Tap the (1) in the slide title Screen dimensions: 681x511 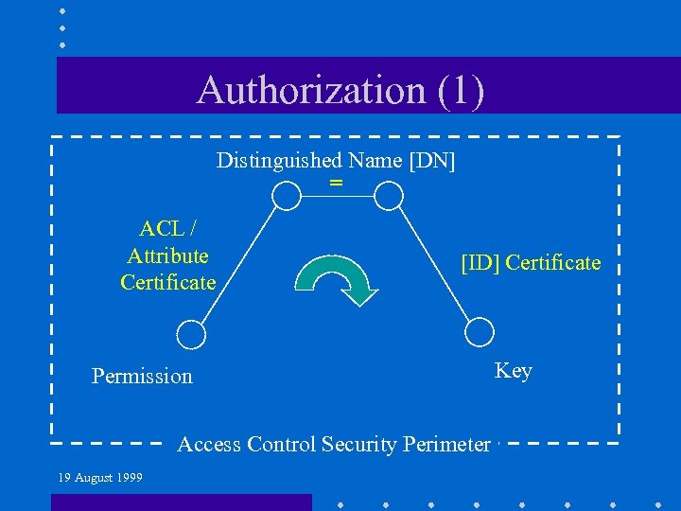[462, 90]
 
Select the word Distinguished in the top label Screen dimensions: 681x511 [277, 160]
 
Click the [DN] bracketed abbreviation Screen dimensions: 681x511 [432, 160]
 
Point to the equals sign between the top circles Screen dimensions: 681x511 [336, 182]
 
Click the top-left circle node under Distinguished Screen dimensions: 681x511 [286, 196]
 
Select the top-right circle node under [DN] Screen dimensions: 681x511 [388, 196]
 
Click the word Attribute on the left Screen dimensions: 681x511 [167, 255]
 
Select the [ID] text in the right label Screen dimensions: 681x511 [480, 262]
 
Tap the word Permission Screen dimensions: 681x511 [142, 376]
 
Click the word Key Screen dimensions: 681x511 [514, 370]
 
